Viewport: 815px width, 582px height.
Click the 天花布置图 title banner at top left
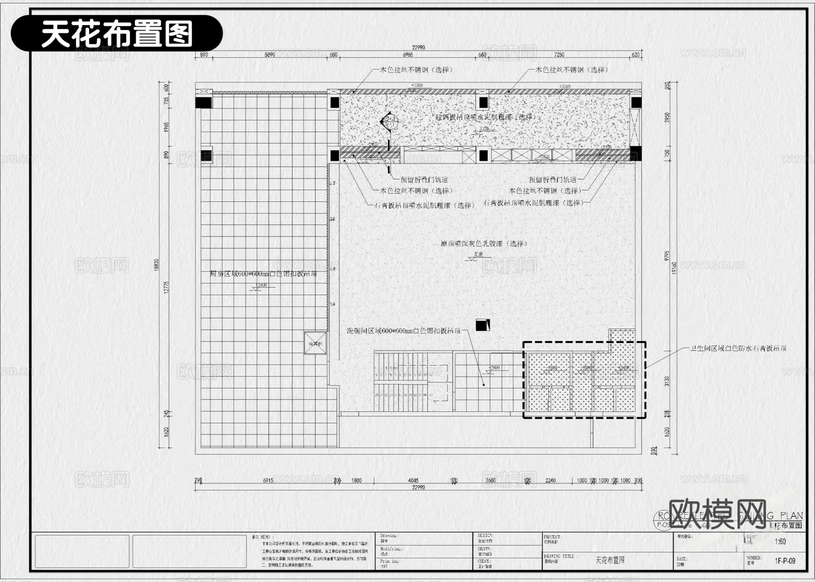click(117, 34)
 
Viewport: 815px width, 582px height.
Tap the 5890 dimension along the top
click(269, 55)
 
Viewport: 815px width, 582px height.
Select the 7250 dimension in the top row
click(559, 55)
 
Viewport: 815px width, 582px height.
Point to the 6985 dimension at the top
click(407, 55)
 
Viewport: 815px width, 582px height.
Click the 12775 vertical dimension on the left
click(166, 287)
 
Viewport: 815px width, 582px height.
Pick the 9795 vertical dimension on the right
click(667, 256)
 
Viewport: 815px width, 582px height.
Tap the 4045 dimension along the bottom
click(413, 481)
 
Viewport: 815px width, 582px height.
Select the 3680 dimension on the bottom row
click(490, 481)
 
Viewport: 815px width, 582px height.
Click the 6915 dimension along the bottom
click(268, 481)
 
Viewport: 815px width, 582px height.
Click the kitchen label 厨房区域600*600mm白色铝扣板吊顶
click(264, 274)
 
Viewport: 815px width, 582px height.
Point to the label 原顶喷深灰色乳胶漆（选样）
click(484, 244)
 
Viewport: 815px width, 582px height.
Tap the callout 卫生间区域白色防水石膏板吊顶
click(738, 348)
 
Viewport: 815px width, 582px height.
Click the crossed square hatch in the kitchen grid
click(315, 343)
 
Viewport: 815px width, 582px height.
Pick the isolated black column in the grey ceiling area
click(482, 325)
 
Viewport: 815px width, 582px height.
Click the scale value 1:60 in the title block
click(780, 542)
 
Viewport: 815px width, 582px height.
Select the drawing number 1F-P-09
click(785, 561)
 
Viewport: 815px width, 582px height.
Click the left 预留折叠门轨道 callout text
click(424, 180)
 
